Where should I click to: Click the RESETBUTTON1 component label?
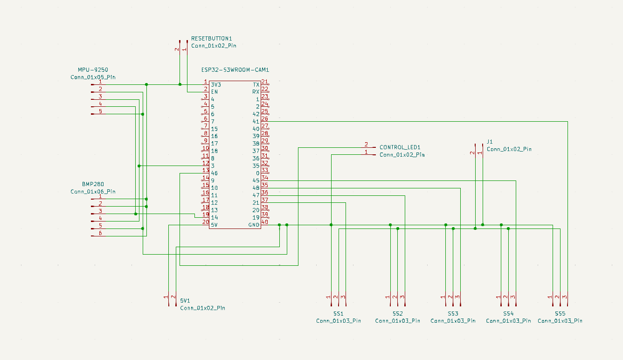[x=211, y=38]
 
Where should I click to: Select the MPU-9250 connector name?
[x=93, y=70]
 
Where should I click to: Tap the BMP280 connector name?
[x=93, y=184]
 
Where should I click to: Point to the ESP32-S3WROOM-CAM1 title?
[x=235, y=70]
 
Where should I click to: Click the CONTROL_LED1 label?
[x=400, y=147]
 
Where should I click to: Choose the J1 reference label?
[x=490, y=142]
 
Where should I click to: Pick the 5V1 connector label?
[x=185, y=300]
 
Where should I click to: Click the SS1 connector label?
[x=339, y=313]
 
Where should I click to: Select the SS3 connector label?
[x=453, y=313]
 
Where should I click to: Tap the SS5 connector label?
[x=560, y=313]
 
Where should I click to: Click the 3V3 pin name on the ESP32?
[x=216, y=84]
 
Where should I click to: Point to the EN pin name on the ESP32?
[x=214, y=92]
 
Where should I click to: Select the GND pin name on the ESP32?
[x=254, y=225]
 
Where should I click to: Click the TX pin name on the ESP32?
[x=256, y=84]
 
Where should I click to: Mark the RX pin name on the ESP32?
[x=256, y=92]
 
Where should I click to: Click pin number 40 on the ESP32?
[x=264, y=222]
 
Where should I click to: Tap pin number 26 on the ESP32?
[x=264, y=118]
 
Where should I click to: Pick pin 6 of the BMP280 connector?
[x=100, y=233]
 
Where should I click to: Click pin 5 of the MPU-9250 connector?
[x=100, y=111]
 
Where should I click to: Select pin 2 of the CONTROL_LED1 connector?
[x=366, y=145]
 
